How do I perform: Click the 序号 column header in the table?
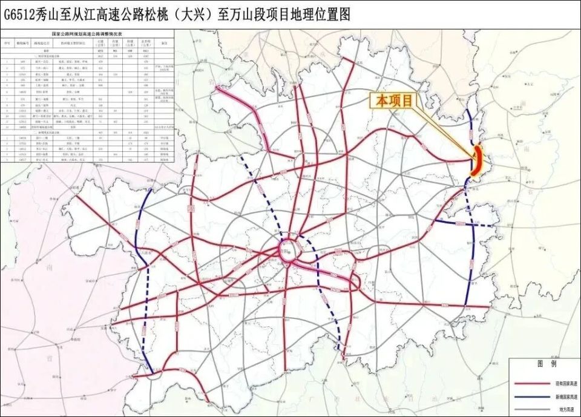[x=7, y=44]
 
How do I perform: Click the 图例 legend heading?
[x=542, y=366]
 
